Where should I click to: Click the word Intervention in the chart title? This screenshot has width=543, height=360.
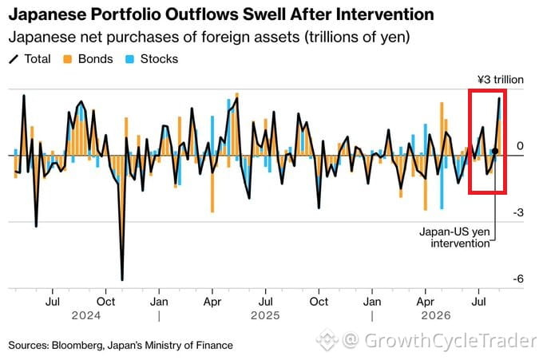tap(385, 14)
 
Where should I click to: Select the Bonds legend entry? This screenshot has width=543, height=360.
tap(88, 59)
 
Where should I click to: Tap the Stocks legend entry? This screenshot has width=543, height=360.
tap(152, 59)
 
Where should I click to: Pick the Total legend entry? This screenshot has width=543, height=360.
tap(30, 59)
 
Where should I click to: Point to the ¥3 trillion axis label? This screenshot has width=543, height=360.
tap(501, 80)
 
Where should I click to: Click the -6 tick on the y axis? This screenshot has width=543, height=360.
tap(518, 279)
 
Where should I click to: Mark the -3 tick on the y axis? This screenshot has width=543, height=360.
tap(518, 212)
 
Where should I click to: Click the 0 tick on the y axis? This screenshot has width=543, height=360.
tap(520, 146)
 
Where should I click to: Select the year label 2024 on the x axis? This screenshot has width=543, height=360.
tap(86, 315)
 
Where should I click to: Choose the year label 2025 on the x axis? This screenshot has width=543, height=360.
tap(265, 315)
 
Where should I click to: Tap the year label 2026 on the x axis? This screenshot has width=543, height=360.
tap(436, 315)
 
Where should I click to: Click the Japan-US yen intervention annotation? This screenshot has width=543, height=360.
tap(454, 237)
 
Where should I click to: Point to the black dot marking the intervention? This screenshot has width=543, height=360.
tap(495, 152)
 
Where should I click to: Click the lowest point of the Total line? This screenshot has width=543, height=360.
tap(122, 279)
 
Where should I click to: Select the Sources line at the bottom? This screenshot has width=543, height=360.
tap(121, 345)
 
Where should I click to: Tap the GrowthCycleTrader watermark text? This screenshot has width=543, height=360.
tap(450, 341)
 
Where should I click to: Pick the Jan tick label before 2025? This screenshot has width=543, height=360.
tap(159, 302)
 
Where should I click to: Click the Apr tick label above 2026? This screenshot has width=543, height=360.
tap(426, 302)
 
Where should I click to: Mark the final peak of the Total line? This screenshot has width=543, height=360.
tap(499, 99)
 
